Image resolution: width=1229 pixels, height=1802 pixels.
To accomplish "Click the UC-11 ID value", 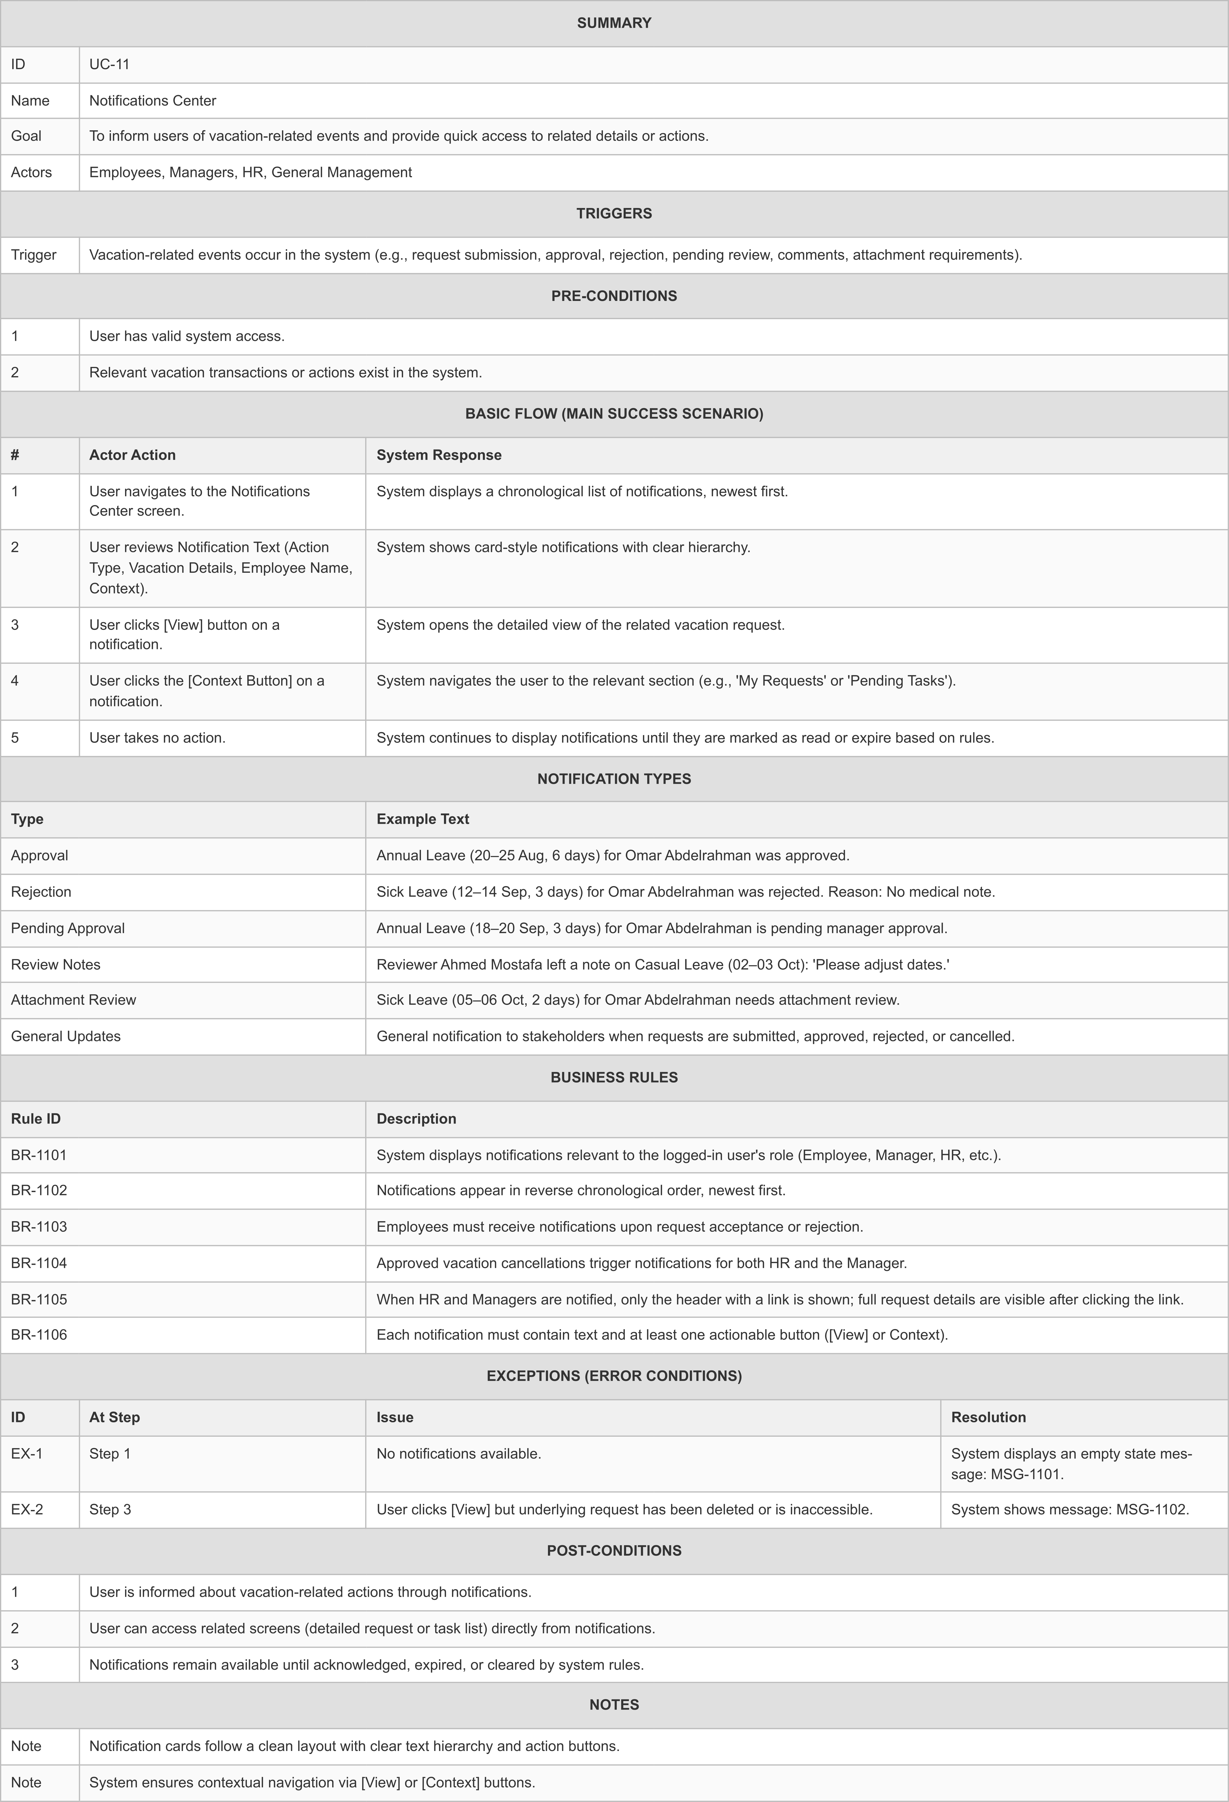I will coord(109,64).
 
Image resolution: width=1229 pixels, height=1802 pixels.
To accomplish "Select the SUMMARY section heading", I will coord(614,23).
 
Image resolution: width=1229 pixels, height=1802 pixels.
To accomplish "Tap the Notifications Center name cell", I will coord(153,101).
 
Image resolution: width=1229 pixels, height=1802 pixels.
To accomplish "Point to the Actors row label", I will coord(31,172).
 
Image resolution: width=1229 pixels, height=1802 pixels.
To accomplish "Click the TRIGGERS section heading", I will coord(614,213).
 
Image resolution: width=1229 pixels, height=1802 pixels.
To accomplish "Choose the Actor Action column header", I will coord(133,455).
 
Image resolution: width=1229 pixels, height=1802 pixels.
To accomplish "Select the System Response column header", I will coord(439,455).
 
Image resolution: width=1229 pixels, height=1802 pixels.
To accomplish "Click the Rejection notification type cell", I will coord(41,892).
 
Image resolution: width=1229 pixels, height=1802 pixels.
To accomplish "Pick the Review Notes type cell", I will coord(56,965).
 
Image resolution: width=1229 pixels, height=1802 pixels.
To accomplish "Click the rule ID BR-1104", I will coord(39,1263).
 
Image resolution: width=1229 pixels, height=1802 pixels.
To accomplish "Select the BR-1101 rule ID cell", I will coord(39,1155).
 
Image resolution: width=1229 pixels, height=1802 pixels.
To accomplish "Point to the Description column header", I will coord(417,1119).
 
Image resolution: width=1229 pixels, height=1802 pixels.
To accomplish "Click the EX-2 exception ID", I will coord(27,1510).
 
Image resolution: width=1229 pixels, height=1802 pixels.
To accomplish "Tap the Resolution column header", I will coord(989,1417).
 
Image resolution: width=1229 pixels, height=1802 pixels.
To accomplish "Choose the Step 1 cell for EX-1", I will coord(110,1454).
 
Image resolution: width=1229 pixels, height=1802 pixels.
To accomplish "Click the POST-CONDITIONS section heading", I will coord(614,1551).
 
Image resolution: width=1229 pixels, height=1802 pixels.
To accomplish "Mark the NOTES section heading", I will coord(614,1705).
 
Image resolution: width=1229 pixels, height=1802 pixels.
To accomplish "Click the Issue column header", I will coord(395,1417).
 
